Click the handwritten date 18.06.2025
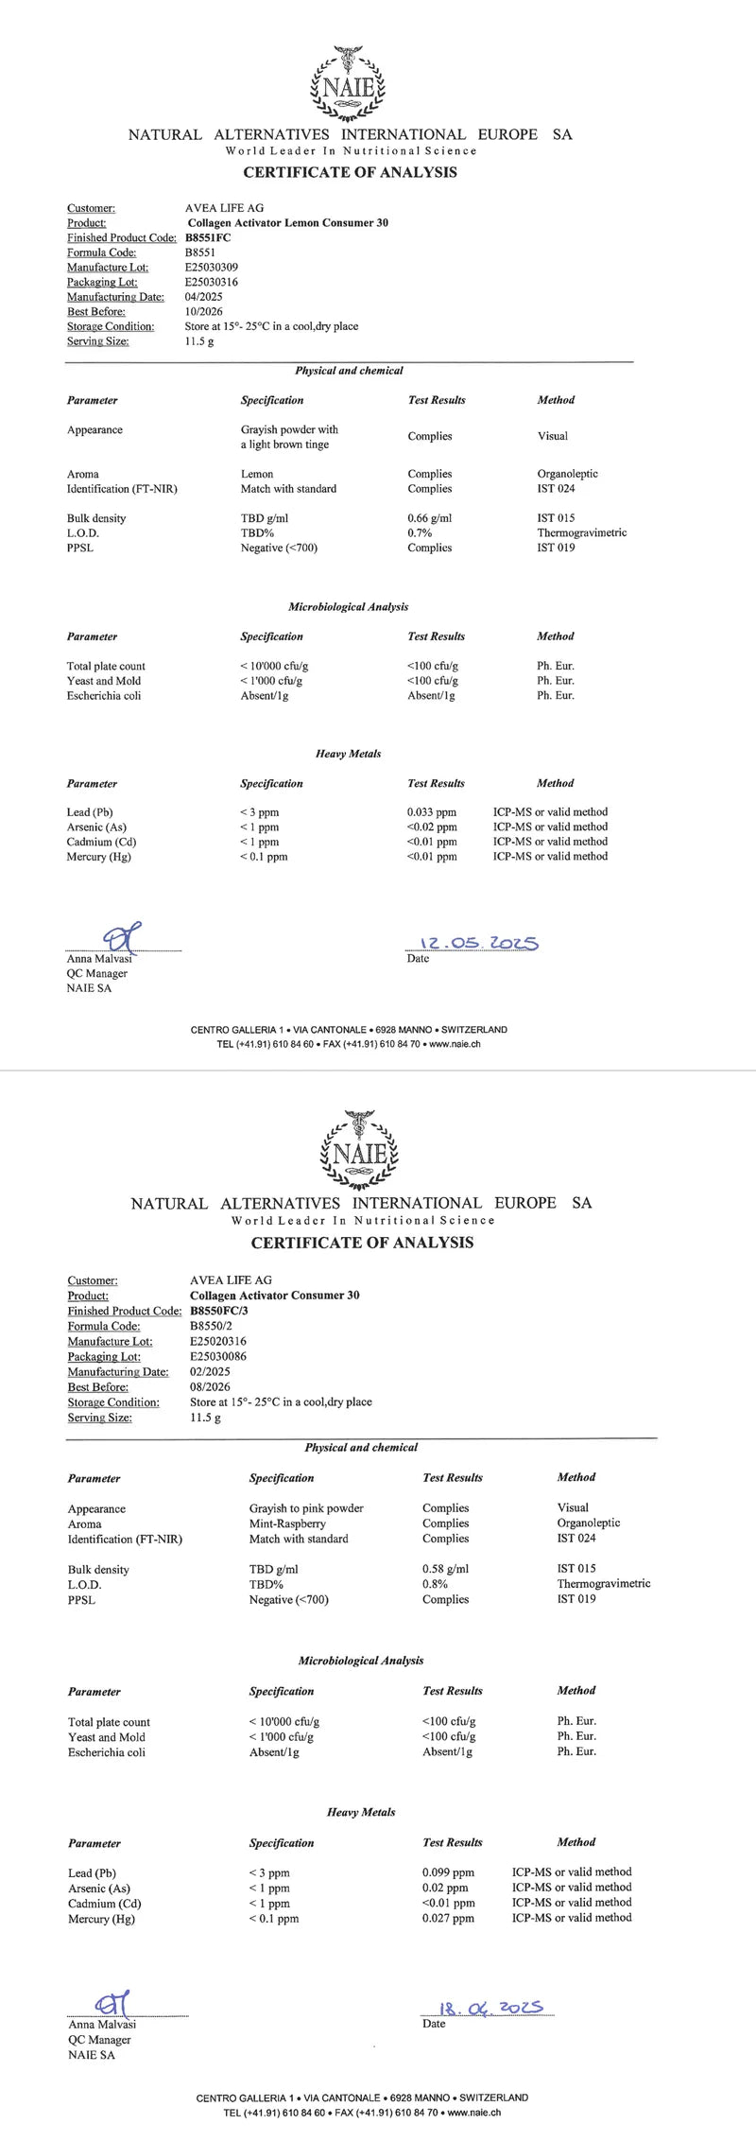coord(491,2008)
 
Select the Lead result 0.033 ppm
coord(431,812)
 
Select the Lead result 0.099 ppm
coord(448,1871)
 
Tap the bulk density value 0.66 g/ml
coord(429,518)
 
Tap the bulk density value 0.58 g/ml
coord(445,1569)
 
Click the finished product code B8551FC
coord(209,238)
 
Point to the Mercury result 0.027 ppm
coord(448,1918)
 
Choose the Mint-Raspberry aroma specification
coord(287,1523)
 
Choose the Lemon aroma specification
coord(257,474)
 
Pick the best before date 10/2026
coord(202,312)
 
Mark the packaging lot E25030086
coord(218,1356)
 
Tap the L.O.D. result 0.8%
coord(435,1584)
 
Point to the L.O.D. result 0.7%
coord(420,533)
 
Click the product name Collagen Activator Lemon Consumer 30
coord(287,223)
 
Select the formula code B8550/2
coord(212,1326)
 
